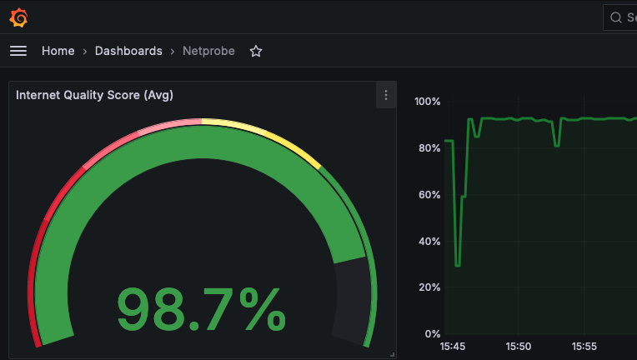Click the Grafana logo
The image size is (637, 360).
pyautogui.click(x=18, y=17)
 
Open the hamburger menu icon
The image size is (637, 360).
pyautogui.click(x=18, y=51)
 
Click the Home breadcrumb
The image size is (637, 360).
pyautogui.click(x=58, y=51)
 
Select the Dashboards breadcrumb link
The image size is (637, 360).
pyautogui.click(x=128, y=51)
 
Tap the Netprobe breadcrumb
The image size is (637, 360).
pyautogui.click(x=208, y=51)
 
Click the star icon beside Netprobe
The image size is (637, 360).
pyautogui.click(x=256, y=51)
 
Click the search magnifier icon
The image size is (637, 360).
pyautogui.click(x=616, y=17)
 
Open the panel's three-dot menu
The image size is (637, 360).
pyautogui.click(x=386, y=95)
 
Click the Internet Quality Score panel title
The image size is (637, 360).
pyautogui.click(x=94, y=95)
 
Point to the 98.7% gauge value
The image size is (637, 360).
pyautogui.click(x=201, y=310)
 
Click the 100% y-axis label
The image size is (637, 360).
pyautogui.click(x=427, y=102)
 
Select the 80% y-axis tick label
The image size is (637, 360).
pyautogui.click(x=429, y=148)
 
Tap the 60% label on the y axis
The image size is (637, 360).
pyautogui.click(x=429, y=195)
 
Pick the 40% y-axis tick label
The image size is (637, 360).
pyautogui.click(x=429, y=242)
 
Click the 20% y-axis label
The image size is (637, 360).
pyautogui.click(x=429, y=287)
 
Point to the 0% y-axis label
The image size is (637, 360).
pyautogui.click(x=433, y=334)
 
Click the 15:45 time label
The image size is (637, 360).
pyautogui.click(x=453, y=346)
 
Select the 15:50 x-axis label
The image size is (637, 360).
pyautogui.click(x=519, y=346)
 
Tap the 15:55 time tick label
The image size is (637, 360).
pyautogui.click(x=584, y=346)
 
